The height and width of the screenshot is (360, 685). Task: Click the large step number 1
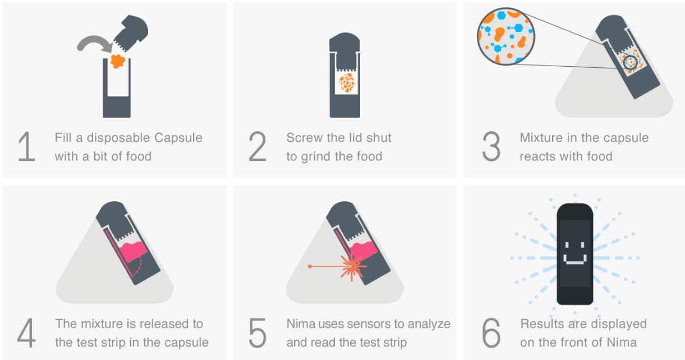tap(27, 146)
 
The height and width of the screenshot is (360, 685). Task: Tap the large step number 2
tap(258, 146)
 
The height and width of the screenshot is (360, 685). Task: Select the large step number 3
tap(491, 146)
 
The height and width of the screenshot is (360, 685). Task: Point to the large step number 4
tap(26, 333)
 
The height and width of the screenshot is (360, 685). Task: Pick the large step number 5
tap(258, 333)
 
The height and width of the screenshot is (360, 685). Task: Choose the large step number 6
tap(491, 333)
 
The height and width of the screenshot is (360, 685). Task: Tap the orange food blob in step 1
tap(117, 61)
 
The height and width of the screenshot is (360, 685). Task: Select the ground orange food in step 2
tap(347, 82)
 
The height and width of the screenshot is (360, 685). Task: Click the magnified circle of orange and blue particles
tap(506, 36)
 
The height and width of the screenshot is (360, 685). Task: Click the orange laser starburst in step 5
tap(352, 266)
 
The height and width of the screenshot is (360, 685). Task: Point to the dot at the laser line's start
tap(310, 266)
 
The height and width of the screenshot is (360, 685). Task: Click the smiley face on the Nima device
tap(575, 253)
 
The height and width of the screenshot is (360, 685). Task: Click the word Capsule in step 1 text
tap(178, 138)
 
